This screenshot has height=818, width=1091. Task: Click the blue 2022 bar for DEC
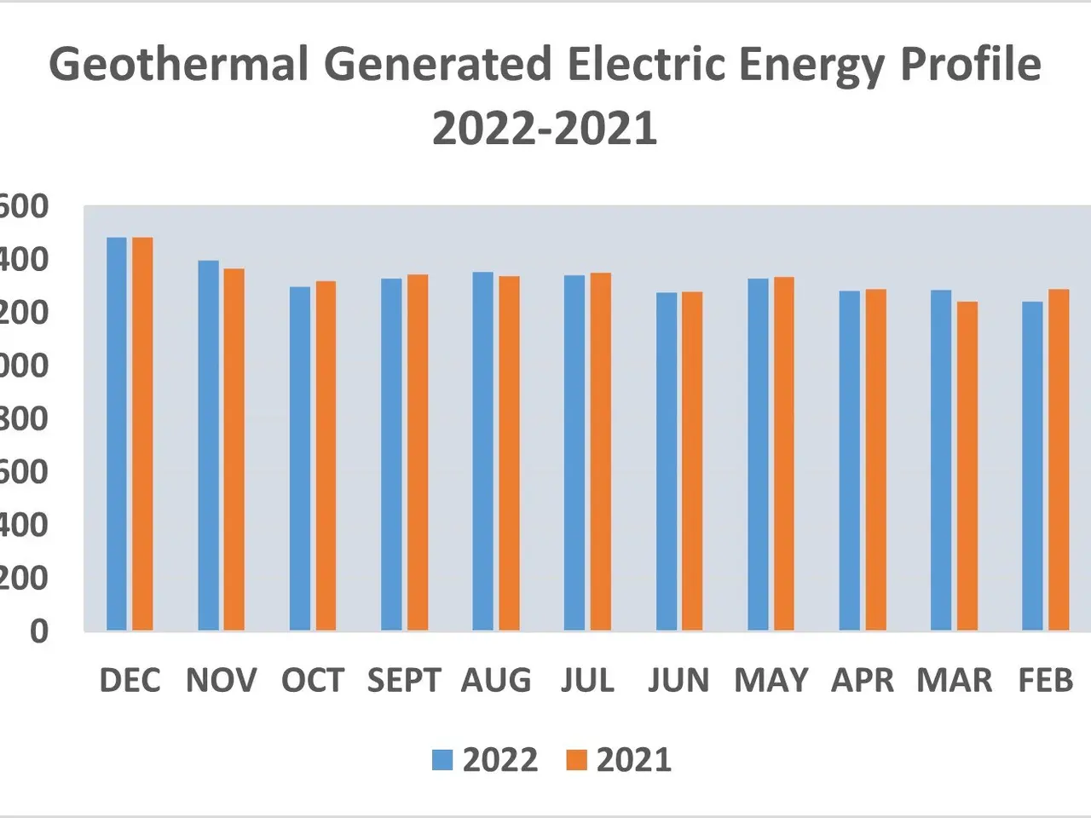click(x=117, y=434)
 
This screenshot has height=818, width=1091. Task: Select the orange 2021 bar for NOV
click(x=234, y=449)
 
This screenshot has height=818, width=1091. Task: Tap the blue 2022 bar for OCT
click(x=300, y=458)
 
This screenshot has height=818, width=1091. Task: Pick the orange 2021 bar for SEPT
click(x=418, y=452)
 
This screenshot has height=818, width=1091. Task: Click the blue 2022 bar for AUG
click(x=483, y=451)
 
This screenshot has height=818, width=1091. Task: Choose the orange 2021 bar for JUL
click(x=601, y=452)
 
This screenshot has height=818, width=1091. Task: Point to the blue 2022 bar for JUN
click(x=667, y=461)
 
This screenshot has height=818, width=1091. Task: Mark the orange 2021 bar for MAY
click(x=784, y=453)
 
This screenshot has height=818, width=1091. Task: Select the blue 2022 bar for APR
click(x=850, y=460)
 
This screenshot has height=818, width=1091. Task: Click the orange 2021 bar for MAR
click(x=967, y=465)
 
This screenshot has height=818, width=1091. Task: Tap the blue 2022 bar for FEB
click(x=1032, y=465)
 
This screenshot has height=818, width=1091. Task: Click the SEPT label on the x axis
click(x=404, y=680)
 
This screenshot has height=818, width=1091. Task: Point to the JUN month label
click(x=678, y=680)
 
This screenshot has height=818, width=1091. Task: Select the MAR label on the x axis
click(x=955, y=680)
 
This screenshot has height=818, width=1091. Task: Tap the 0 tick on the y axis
click(x=39, y=631)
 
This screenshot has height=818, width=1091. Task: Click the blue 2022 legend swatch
click(x=442, y=760)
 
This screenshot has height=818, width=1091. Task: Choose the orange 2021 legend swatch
click(x=577, y=760)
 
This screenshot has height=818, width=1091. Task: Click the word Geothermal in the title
click(x=178, y=65)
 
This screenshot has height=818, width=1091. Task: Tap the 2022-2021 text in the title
click(x=545, y=129)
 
